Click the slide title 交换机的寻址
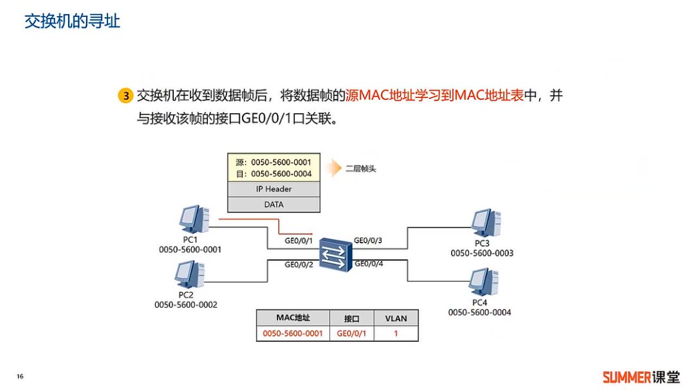(72, 21)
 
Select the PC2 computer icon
(190, 275)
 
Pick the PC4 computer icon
(483, 282)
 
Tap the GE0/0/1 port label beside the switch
(299, 241)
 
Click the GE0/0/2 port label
(299, 264)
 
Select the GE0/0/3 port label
(368, 241)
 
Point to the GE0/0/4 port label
(368, 263)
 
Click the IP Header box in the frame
(273, 189)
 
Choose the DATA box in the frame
(273, 205)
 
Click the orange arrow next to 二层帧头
(331, 169)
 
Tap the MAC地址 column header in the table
(293, 318)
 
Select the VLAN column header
(396, 318)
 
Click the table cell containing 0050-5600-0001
(293, 333)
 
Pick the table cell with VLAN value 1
(396, 333)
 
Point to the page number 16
(20, 376)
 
